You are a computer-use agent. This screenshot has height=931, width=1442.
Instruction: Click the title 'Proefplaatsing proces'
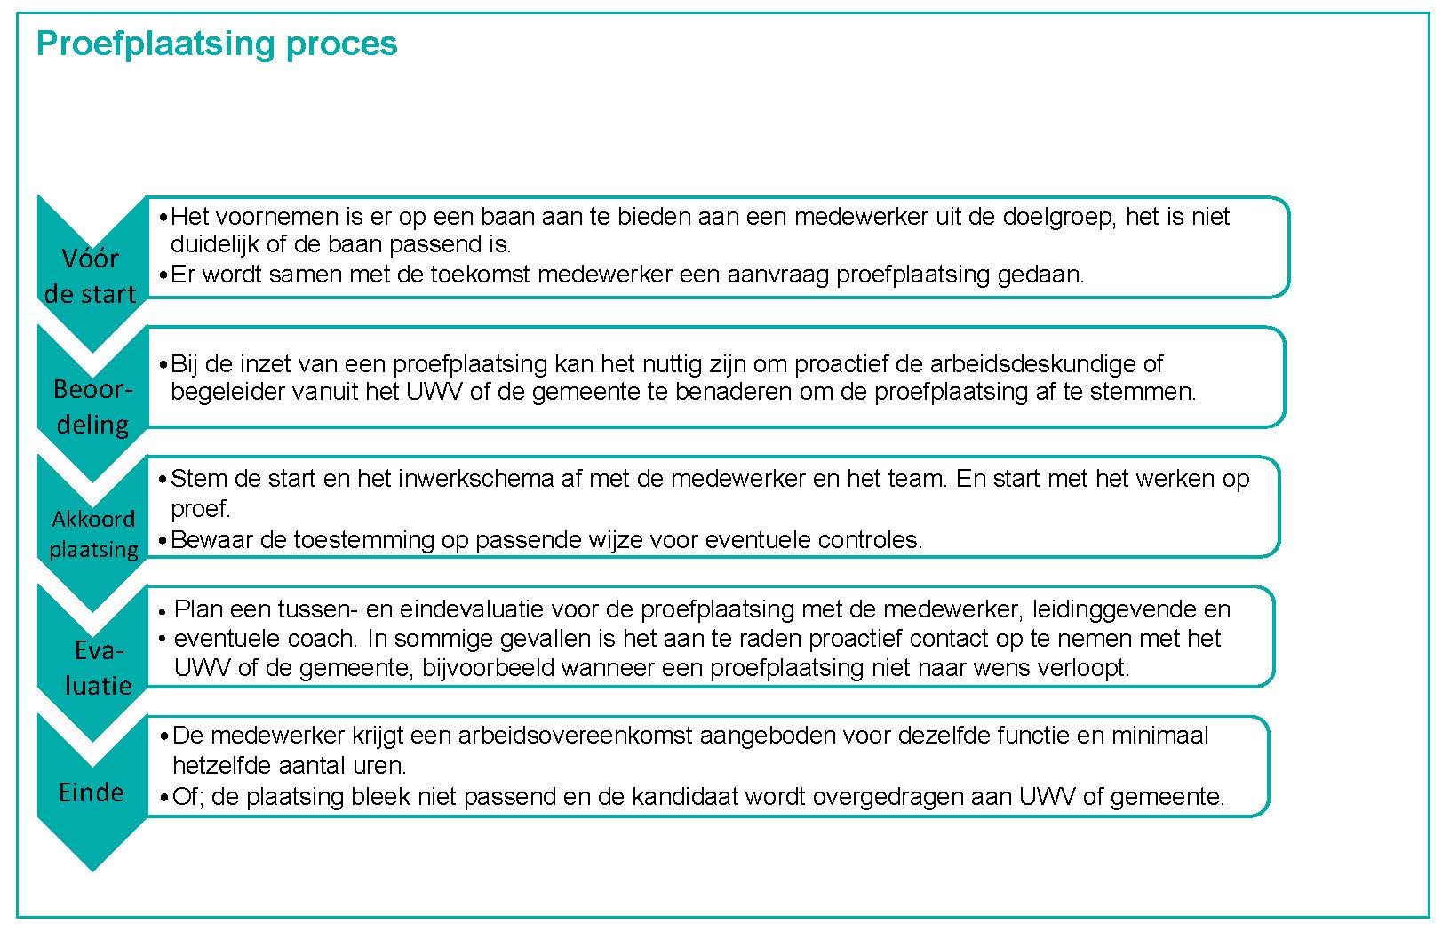217,44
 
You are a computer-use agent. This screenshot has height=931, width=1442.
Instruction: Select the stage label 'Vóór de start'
91,276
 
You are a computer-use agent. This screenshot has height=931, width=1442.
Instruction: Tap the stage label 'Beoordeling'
92,407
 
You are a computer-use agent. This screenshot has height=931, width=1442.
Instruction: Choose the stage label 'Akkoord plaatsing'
93,534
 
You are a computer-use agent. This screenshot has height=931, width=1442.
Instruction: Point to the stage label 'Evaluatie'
98,668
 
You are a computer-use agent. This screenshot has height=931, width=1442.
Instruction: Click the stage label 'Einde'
92,792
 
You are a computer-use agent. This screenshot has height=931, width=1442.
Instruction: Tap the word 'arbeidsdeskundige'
1032,363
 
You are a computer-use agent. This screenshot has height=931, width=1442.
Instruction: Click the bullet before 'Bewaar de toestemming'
163,540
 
